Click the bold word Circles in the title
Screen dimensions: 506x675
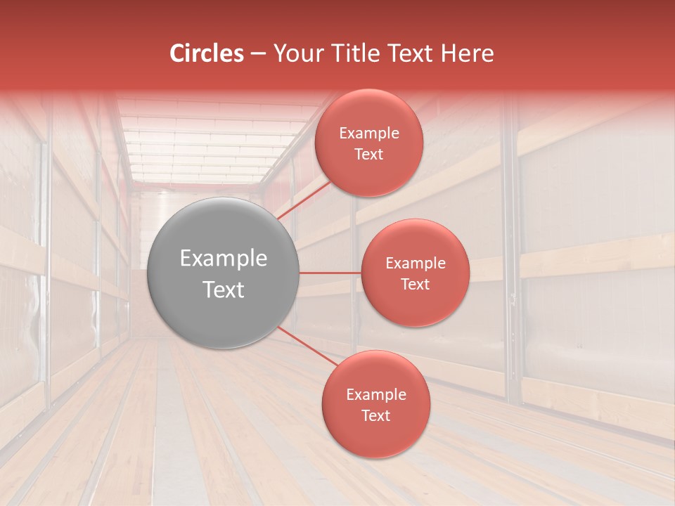[207, 53]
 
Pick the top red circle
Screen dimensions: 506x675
[368, 172]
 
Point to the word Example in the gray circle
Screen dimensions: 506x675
[224, 259]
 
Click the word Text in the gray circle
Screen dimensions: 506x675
[224, 290]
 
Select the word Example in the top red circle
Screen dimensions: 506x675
[369, 134]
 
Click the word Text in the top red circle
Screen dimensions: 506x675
[368, 155]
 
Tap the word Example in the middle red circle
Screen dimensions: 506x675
[416, 264]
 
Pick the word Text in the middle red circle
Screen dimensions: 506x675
[415, 285]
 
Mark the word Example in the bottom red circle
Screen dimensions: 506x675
[376, 395]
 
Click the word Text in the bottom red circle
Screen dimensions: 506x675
[375, 416]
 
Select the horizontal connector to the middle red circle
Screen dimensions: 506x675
[330, 273]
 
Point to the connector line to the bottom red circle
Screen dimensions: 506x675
[308, 346]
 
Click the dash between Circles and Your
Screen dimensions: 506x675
[257, 54]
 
